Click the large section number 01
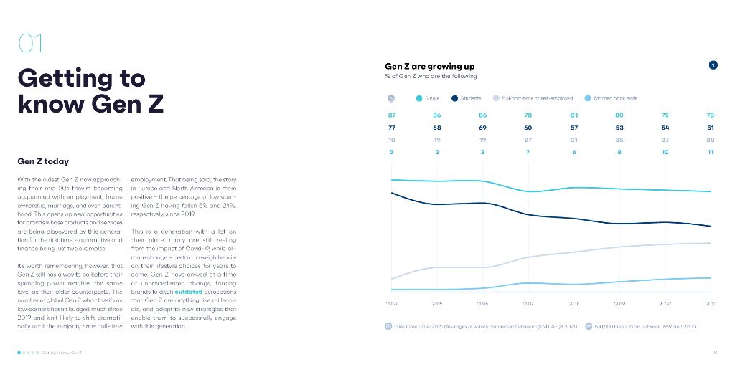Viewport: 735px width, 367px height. point(30,44)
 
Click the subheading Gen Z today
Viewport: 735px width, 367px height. point(43,161)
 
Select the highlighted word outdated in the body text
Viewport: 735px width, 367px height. point(189,292)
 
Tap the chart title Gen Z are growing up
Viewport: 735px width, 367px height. point(429,67)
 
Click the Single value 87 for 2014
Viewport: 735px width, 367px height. point(392,115)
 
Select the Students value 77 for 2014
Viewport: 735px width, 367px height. point(392,128)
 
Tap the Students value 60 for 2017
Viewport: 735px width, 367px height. point(528,128)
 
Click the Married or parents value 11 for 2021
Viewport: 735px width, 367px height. point(710,152)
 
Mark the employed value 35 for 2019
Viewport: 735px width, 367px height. point(619,140)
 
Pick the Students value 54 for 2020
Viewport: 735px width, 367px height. point(665,128)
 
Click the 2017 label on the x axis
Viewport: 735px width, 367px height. point(528,304)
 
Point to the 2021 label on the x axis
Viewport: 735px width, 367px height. point(711,304)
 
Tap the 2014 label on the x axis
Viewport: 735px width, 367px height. point(392,304)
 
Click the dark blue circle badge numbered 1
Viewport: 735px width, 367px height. point(713,65)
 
